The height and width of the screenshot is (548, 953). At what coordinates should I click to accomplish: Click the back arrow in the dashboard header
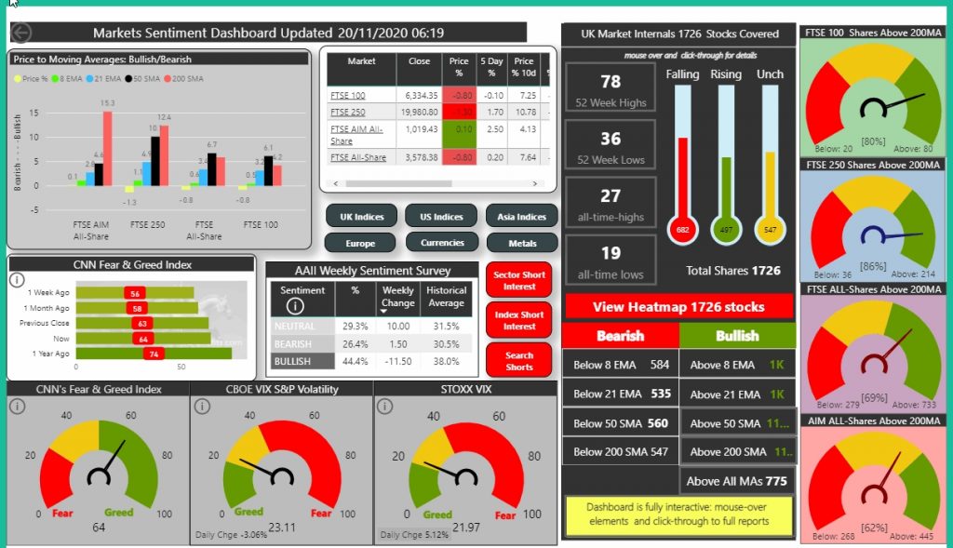point(20,33)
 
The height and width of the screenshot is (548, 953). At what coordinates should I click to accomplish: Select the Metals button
point(521,243)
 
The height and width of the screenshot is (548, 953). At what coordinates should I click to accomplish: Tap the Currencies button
point(442,243)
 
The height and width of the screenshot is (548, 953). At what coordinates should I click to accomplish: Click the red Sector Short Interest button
point(518,280)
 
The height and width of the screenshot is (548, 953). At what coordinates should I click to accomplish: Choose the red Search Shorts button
point(518,360)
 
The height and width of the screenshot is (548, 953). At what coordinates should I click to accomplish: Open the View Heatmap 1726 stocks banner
point(678,307)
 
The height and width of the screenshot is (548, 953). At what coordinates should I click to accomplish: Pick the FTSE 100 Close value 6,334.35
point(423,95)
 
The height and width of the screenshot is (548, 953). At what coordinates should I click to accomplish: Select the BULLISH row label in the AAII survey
point(293,360)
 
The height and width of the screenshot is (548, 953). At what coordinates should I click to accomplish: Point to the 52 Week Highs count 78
point(611,82)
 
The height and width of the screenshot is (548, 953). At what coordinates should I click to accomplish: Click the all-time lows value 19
point(611,252)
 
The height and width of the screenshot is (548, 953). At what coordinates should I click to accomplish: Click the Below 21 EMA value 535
point(660,394)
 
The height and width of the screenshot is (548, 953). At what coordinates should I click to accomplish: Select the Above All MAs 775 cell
point(737,481)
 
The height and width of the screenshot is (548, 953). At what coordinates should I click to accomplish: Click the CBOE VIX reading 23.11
point(280,528)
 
